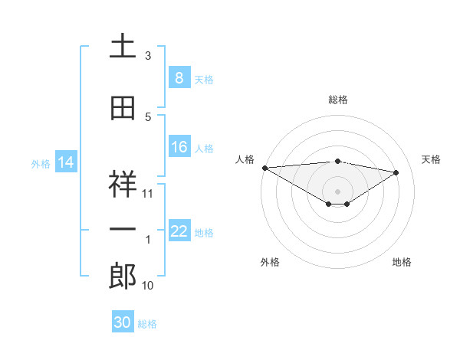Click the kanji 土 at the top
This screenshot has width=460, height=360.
pyautogui.click(x=123, y=47)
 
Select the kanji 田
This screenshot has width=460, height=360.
pyautogui.click(x=123, y=108)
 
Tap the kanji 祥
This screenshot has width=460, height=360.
pyautogui.click(x=123, y=184)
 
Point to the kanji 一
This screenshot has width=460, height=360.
pyautogui.click(x=123, y=230)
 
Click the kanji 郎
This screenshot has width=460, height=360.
pyautogui.click(x=123, y=276)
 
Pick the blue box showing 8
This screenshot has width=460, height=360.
pyautogui.click(x=179, y=78)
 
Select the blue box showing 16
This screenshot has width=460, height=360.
pyautogui.click(x=179, y=147)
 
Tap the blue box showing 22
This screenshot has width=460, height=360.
pyautogui.click(x=179, y=231)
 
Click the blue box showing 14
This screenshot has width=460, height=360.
pyautogui.click(x=66, y=162)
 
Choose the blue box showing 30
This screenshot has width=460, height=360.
pyautogui.click(x=122, y=322)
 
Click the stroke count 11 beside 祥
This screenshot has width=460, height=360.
pyautogui.click(x=148, y=194)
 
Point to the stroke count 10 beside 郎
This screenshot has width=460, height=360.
pyautogui.click(x=148, y=286)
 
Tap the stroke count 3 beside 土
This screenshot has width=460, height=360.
pyautogui.click(x=148, y=56)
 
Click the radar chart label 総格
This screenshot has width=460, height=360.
pyautogui.click(x=337, y=100)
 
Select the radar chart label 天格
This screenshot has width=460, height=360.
pyautogui.click(x=431, y=159)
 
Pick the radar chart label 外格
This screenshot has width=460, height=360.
pyautogui.click(x=270, y=262)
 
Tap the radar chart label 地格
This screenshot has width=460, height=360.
pyautogui.click(x=402, y=262)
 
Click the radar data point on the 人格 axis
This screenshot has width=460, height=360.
pyautogui.click(x=264, y=168)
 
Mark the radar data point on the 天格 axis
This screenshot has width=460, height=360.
pyautogui.click(x=396, y=172)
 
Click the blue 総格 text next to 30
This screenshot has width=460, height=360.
pyautogui.click(x=147, y=324)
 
